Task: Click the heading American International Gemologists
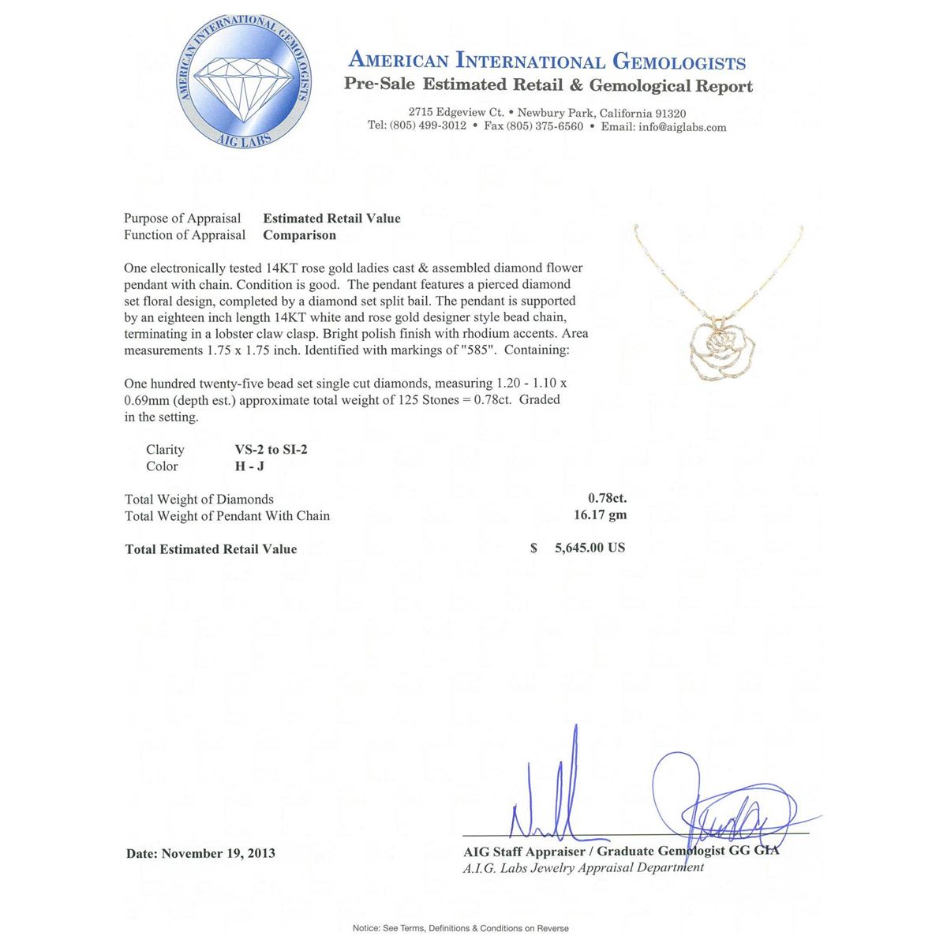[x=547, y=61]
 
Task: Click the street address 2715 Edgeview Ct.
[x=456, y=113]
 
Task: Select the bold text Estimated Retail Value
[x=331, y=219]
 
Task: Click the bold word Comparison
[x=299, y=235]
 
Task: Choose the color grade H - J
[x=250, y=466]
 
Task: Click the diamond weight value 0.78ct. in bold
[x=607, y=499]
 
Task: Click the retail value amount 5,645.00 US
[x=590, y=548]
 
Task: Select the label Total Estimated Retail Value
[x=211, y=549]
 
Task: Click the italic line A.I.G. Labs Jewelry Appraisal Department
[x=583, y=867]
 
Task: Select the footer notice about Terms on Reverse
[x=461, y=928]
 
